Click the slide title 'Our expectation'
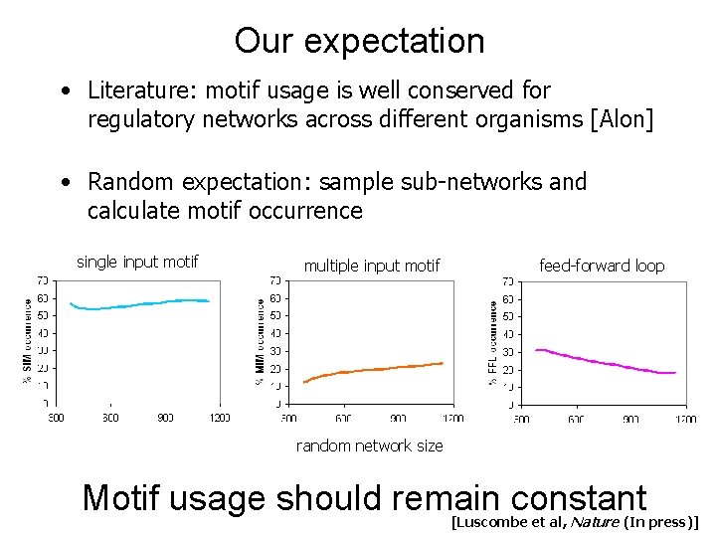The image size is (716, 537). [x=359, y=41]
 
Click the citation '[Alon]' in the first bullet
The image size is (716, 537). [x=622, y=120]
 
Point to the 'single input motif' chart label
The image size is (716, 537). [x=137, y=262]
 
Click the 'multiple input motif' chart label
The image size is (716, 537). [x=371, y=266]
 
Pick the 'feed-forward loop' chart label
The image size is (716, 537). [x=601, y=266]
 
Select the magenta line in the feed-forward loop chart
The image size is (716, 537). [x=597, y=360]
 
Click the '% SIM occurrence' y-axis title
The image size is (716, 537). [x=27, y=341]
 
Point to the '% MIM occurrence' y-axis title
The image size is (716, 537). [x=261, y=341]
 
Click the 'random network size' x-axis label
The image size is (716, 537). [x=370, y=446]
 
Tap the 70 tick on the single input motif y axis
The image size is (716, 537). [x=44, y=279]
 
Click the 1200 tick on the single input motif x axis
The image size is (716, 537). [x=219, y=418]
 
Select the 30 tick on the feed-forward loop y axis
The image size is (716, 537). [x=508, y=351]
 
